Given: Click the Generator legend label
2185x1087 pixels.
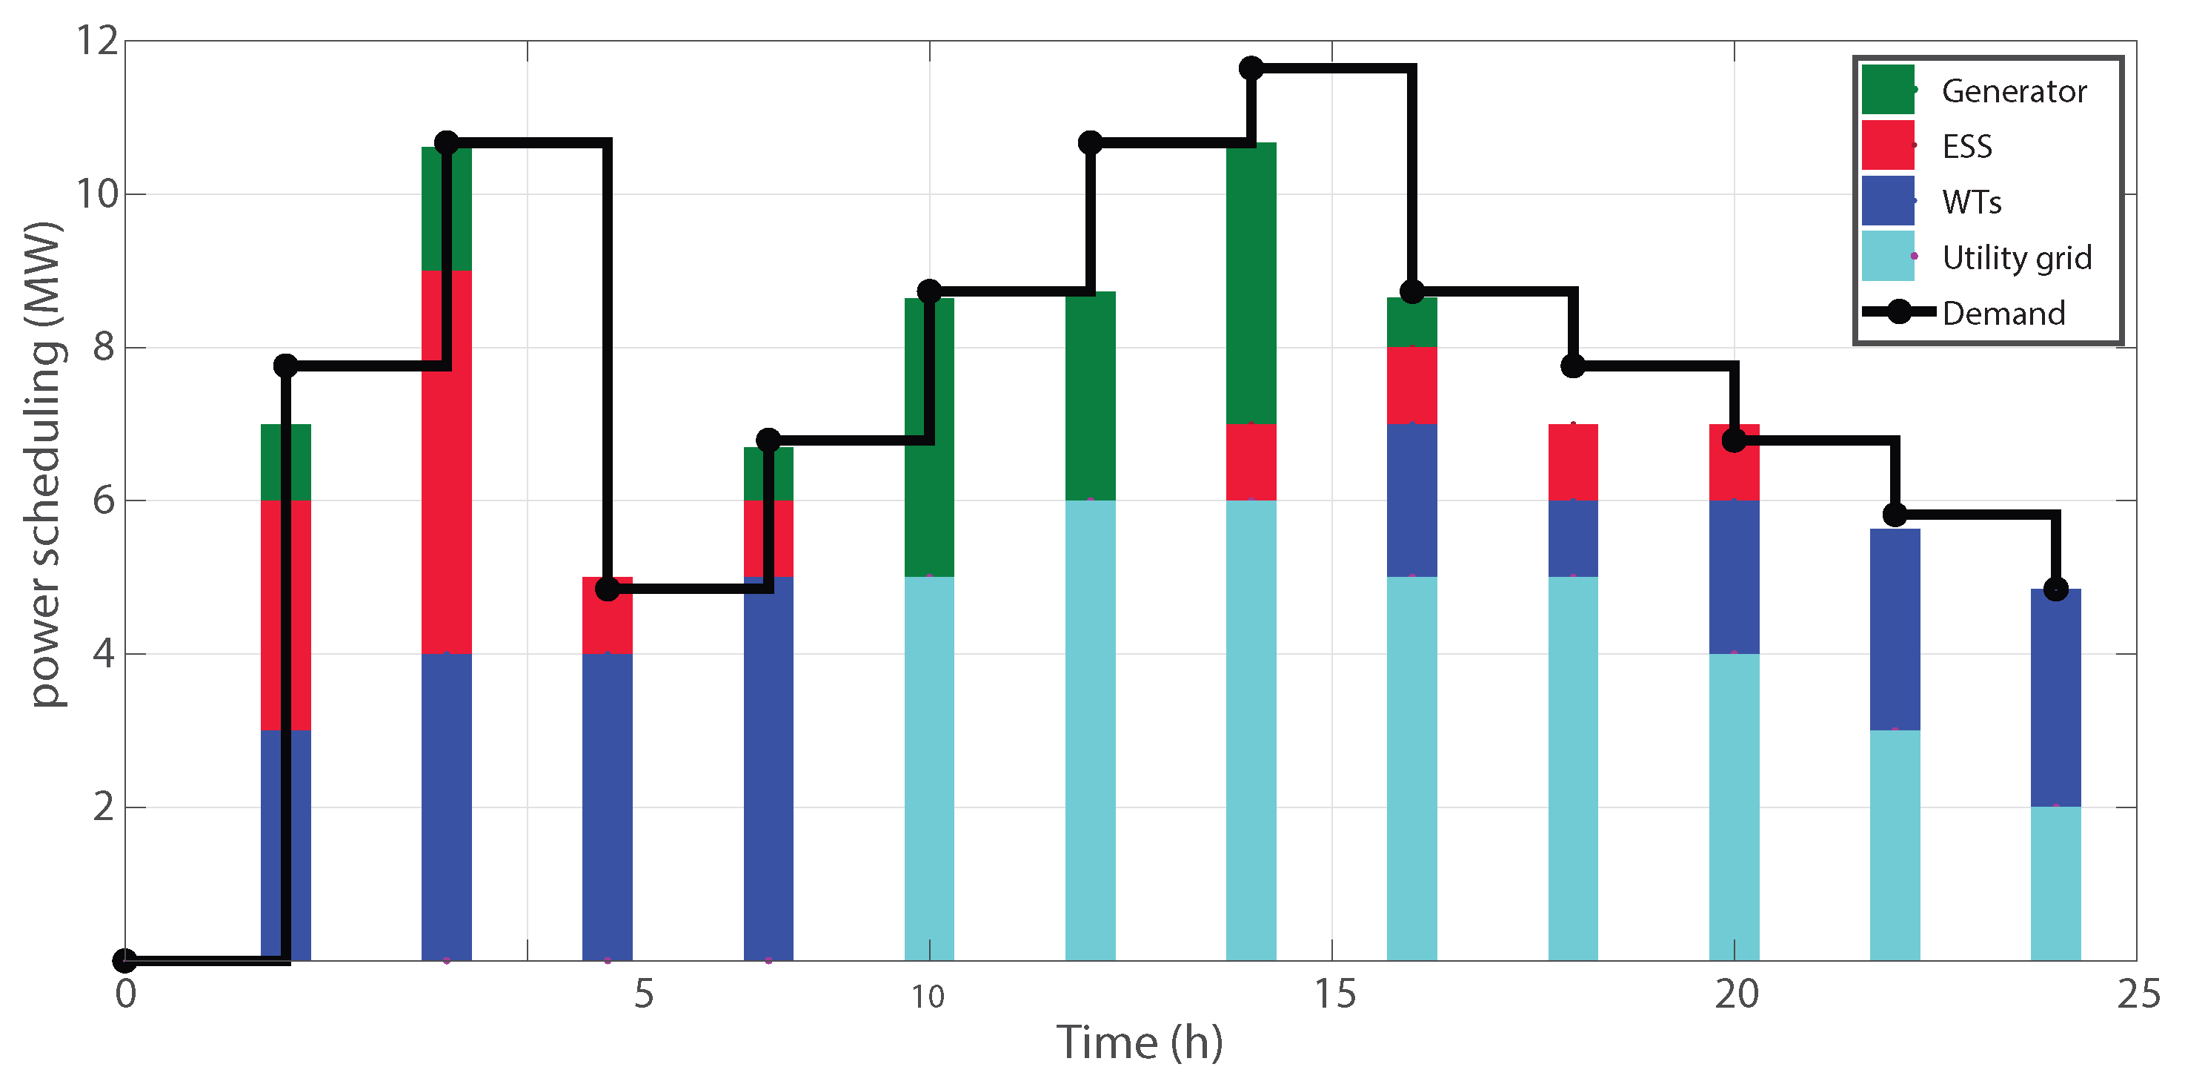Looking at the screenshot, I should click(x=2014, y=90).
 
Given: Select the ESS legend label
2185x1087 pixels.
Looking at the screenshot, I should click(x=1967, y=147).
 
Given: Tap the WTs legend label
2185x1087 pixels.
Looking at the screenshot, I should click(x=1972, y=202).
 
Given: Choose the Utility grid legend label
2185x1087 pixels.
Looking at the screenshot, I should click(x=2016, y=257).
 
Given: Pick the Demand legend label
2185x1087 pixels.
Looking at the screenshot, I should click(x=2003, y=313).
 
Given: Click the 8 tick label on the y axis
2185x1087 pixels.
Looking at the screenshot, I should click(x=104, y=347).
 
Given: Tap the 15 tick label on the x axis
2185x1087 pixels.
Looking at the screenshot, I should click(x=1334, y=994).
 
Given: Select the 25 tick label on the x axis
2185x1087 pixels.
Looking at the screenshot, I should click(x=2138, y=994).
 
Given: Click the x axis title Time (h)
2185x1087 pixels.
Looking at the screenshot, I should click(x=1139, y=1042).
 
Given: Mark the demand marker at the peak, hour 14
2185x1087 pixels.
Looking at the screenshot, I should click(x=1251, y=68).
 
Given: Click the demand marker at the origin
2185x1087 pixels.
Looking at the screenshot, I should click(x=124, y=960).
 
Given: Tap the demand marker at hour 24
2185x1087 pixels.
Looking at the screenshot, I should click(x=2055, y=589).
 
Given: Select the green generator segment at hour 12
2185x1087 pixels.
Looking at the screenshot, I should click(x=1090, y=395).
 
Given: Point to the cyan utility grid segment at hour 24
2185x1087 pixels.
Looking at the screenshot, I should click(x=2055, y=882).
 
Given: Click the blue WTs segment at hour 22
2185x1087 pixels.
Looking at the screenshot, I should click(x=1895, y=629).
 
